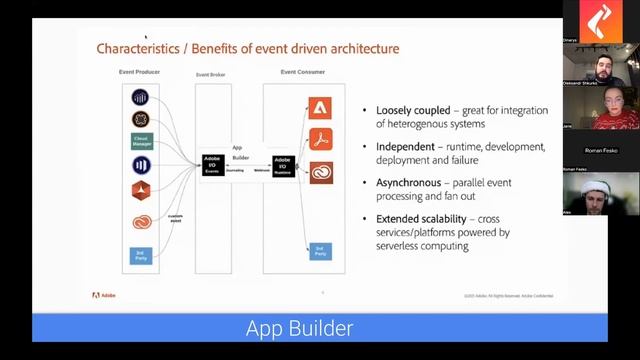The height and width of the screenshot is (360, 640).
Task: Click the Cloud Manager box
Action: click(x=141, y=141)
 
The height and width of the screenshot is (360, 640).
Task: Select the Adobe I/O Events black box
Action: click(x=212, y=164)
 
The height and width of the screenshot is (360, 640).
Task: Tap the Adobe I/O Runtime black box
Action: click(x=283, y=164)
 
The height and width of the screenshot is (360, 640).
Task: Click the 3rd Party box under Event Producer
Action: click(x=141, y=255)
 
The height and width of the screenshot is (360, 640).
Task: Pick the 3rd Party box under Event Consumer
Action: click(x=320, y=250)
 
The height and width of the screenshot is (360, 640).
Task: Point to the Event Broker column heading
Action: click(x=210, y=75)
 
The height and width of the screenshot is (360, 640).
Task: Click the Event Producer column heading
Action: click(x=140, y=72)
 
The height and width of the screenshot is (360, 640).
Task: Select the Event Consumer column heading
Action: click(x=303, y=72)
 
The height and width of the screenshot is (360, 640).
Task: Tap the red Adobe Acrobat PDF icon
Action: click(x=320, y=139)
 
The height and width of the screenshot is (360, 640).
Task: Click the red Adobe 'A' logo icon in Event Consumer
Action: click(x=320, y=107)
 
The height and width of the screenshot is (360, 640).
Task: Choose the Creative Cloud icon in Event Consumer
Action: click(x=320, y=173)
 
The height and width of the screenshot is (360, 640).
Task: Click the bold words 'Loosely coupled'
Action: click(x=404, y=110)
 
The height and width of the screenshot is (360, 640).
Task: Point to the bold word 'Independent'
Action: click(x=405, y=146)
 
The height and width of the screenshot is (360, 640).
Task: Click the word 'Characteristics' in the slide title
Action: click(x=132, y=48)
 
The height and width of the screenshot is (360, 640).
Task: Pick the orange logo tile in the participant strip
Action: click(x=601, y=20)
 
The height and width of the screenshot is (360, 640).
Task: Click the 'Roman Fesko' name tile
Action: click(x=601, y=150)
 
